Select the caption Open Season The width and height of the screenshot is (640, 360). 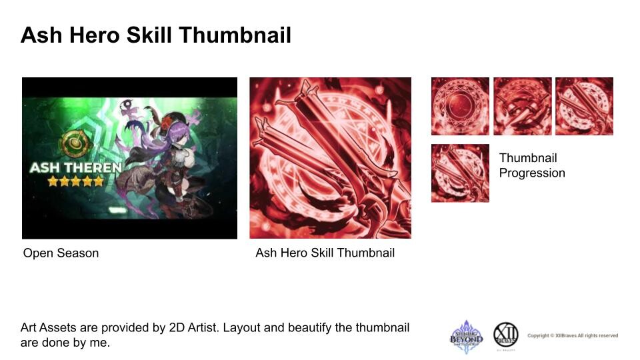coord(61,253)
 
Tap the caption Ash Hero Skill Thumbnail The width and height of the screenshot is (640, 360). coord(325,253)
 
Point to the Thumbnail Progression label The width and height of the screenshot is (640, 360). coord(532,165)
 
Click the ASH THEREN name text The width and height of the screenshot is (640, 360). coord(75,167)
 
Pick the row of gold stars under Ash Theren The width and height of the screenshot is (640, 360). coord(75,181)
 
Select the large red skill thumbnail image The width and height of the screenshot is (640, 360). coord(330,158)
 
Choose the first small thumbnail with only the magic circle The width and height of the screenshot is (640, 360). coord(460,107)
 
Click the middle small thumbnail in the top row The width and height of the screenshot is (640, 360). coord(522,107)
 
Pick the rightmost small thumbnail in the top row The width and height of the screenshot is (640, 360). coord(584,107)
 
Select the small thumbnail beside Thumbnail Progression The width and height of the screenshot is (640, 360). coord(460,173)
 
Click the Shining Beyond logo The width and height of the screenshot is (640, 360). coord(466,335)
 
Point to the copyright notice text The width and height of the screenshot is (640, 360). coord(572,335)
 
